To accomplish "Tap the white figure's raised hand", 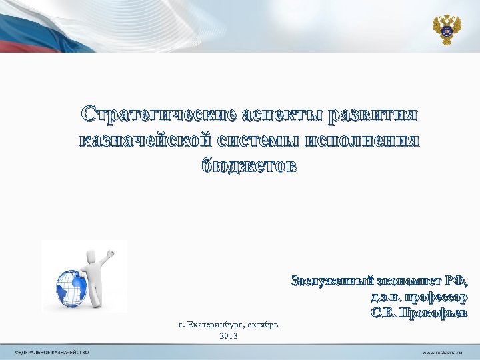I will point(111,253).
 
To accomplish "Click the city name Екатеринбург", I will point(216,325).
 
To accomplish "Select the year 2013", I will point(228,335).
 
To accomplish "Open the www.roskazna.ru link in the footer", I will point(441,351).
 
